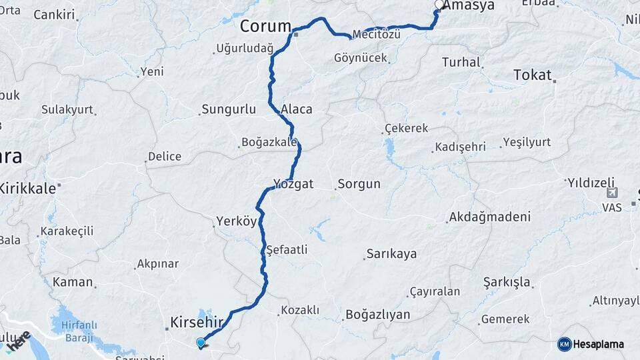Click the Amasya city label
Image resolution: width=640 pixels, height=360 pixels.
tap(469, 5)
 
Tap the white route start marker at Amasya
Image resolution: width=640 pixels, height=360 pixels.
tap(439, 5)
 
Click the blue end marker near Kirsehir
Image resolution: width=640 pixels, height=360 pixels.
tap(201, 343)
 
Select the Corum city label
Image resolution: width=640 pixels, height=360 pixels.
tap(265, 27)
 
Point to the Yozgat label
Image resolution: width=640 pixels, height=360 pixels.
tap(293, 184)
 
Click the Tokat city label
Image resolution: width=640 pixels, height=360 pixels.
tap(533, 75)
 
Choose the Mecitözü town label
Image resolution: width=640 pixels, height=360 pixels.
tap(376, 33)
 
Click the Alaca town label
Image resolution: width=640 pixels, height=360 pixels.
tap(297, 109)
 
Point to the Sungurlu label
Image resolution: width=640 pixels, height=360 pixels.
tap(229, 109)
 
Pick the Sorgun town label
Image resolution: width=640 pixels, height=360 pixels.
tap(359, 184)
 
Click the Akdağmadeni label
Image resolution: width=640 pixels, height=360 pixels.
tap(490, 217)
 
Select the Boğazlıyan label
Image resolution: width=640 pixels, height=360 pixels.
tap(377, 315)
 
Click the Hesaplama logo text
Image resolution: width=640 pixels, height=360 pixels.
tap(598, 345)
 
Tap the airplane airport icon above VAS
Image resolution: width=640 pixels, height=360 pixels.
tap(612, 193)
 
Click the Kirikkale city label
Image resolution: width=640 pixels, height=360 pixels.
tap(27, 189)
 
